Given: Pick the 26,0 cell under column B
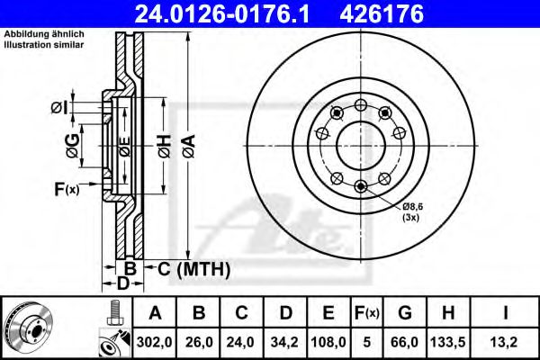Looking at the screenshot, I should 200,341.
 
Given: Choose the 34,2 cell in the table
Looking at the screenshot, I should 287,341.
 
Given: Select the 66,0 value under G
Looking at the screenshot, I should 406,341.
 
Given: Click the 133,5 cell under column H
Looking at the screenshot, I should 451,341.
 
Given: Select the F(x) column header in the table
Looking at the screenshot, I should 368,313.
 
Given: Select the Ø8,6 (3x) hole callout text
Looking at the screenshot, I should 413,211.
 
